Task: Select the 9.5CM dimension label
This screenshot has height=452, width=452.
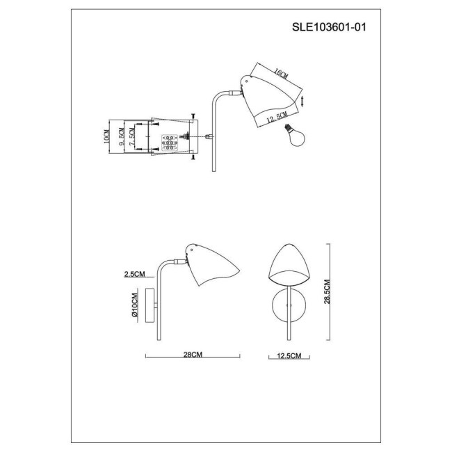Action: click(122, 135)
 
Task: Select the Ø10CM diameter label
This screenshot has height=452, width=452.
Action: click(135, 305)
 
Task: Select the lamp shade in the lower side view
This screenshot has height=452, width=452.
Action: click(210, 268)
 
